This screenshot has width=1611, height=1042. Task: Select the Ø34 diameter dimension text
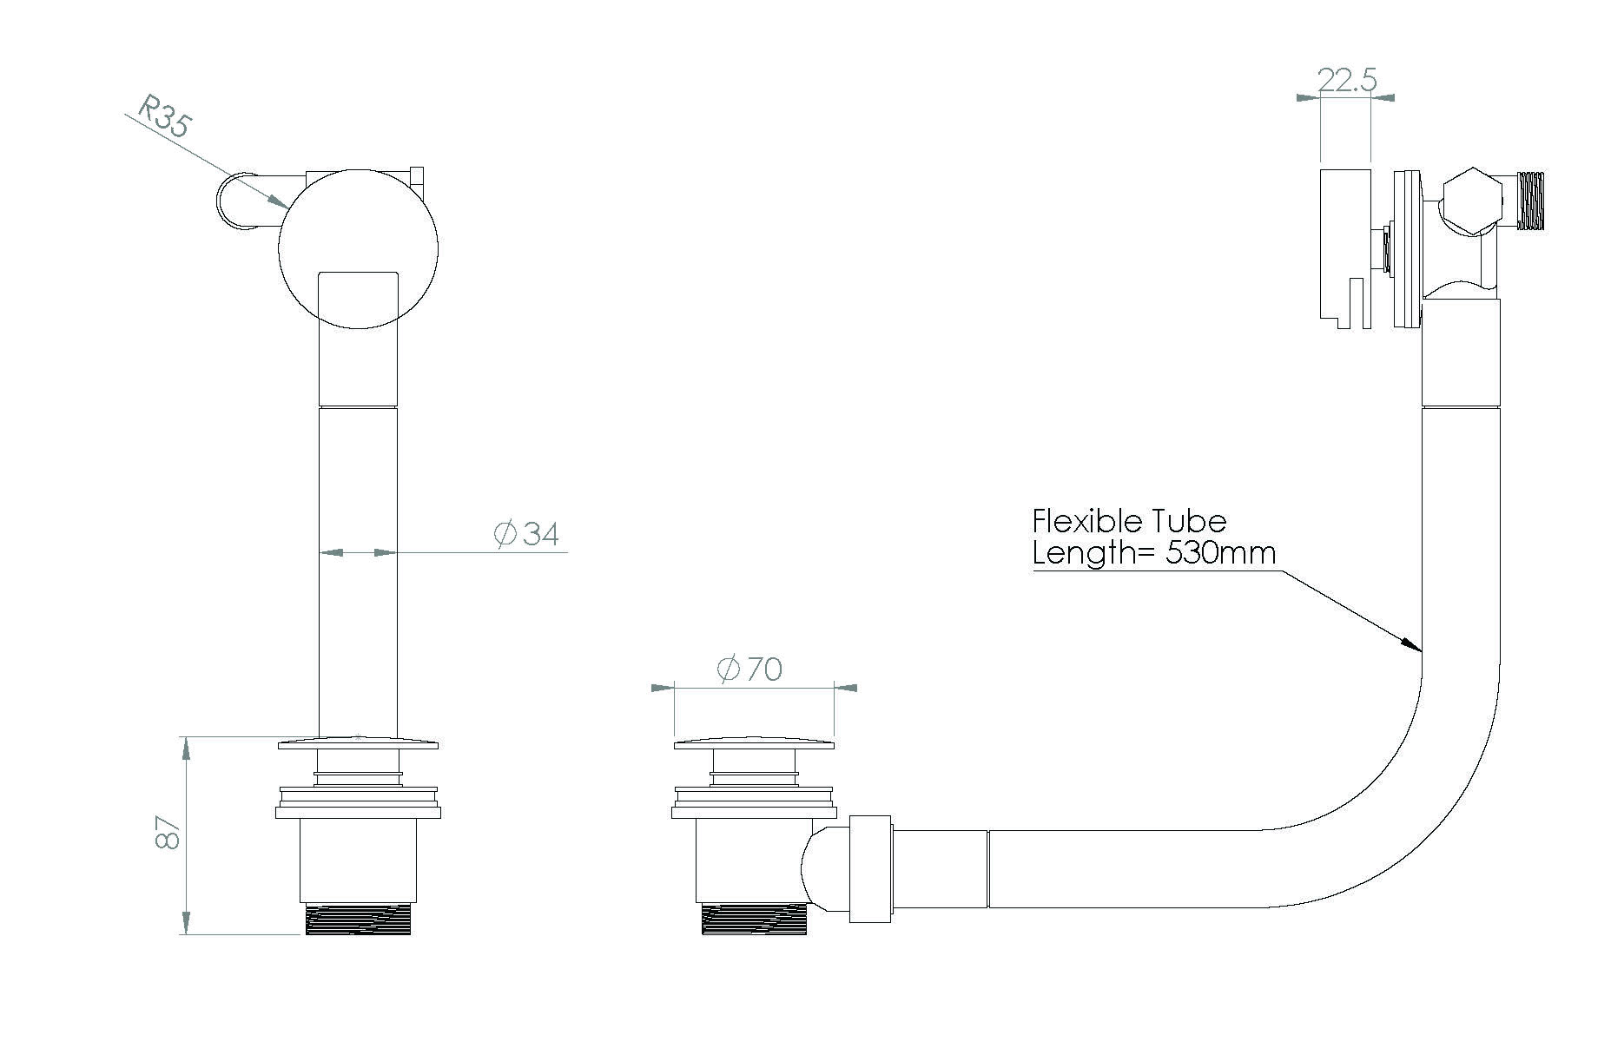tap(527, 533)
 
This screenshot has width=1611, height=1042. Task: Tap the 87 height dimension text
tap(168, 834)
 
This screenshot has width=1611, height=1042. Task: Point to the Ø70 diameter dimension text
tap(749, 669)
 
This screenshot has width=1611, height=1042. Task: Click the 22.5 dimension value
tap(1346, 81)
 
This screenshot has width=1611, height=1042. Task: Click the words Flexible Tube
tap(1128, 521)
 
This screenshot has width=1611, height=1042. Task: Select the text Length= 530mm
tap(1153, 553)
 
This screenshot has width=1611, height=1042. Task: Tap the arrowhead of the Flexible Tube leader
tap(1413, 643)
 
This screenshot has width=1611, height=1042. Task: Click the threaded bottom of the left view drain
tap(358, 919)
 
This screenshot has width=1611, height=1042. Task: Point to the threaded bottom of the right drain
tap(754, 920)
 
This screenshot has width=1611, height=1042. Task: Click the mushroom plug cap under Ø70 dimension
tap(754, 743)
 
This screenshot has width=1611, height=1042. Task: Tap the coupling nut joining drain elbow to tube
tap(870, 868)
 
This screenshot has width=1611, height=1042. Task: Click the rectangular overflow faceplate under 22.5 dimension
tap(1344, 247)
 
